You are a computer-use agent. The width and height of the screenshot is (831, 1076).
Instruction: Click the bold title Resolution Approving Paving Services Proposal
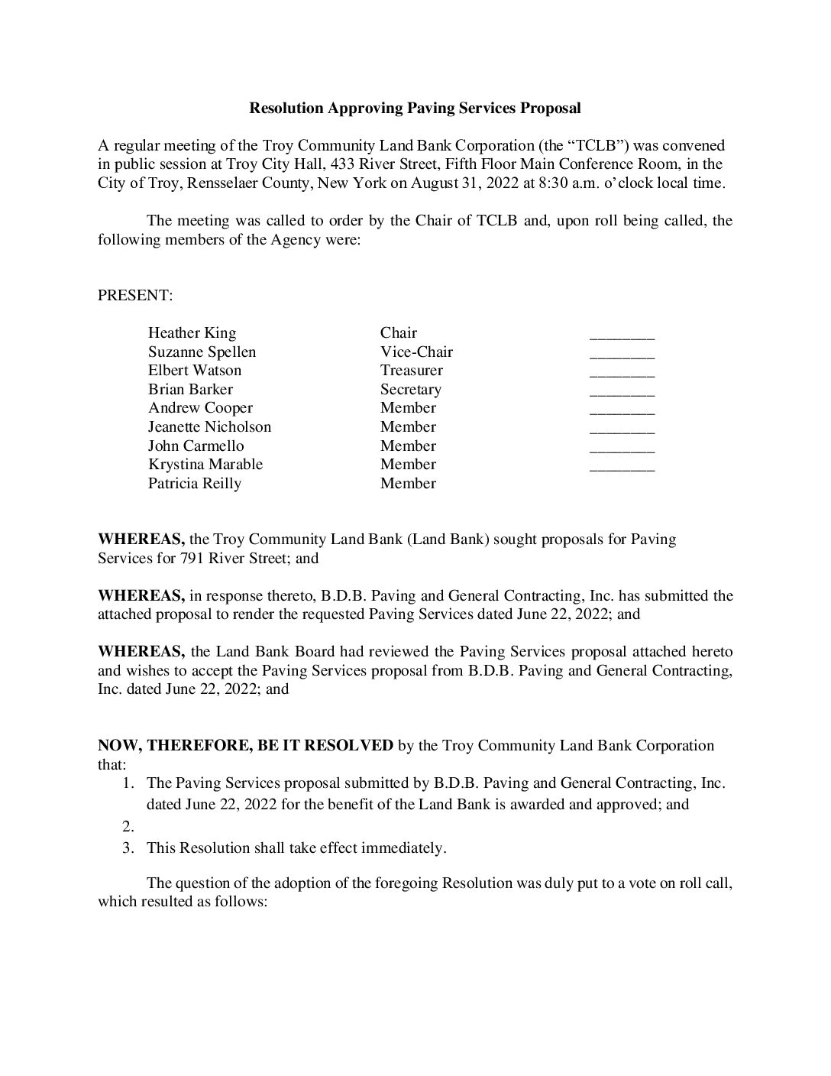[x=415, y=109]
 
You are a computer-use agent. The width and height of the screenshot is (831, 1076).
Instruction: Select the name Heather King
[x=192, y=333]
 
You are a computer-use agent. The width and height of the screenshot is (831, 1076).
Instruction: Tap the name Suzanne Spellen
[x=202, y=352]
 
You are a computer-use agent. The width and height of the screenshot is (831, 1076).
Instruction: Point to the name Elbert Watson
[x=194, y=371]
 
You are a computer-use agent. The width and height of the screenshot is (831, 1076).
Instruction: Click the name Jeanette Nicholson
[x=209, y=427]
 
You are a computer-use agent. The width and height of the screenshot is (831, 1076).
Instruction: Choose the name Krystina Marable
[x=205, y=465]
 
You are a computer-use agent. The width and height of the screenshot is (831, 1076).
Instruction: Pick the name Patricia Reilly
[x=194, y=484]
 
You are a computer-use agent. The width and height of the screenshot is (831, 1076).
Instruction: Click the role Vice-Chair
[x=416, y=352]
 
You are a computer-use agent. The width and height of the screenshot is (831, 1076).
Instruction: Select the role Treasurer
[x=411, y=371]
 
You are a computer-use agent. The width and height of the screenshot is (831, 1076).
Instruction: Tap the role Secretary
[x=410, y=390]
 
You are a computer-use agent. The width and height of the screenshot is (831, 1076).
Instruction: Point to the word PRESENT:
[x=135, y=296]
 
